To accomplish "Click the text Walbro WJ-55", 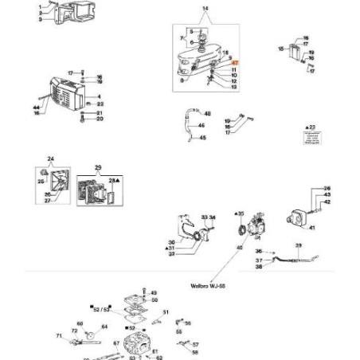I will (208, 284).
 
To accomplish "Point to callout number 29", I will (99, 167).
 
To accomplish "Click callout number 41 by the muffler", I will (312, 228).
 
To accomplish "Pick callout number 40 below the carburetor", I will (239, 248).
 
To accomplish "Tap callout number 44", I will (37, 107).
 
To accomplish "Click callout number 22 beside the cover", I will (100, 104).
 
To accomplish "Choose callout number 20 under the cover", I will (100, 119).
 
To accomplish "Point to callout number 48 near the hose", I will (207, 114).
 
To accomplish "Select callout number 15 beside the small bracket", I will (280, 49).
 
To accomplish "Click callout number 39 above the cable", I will (299, 245).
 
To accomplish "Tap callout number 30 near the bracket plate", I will (170, 241).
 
